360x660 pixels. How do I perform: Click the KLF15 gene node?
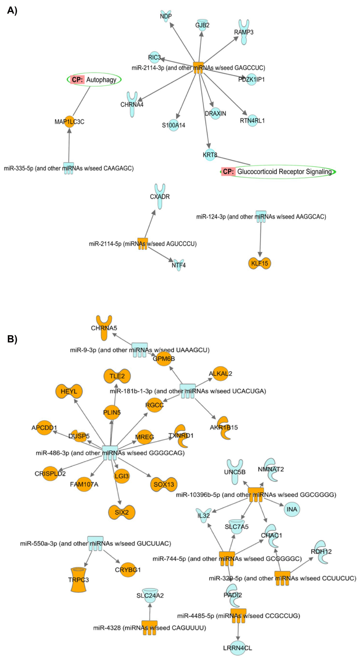260,263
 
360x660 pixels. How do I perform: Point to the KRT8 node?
210,155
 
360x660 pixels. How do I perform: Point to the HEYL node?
69,391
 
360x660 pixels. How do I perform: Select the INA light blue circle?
292,509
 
